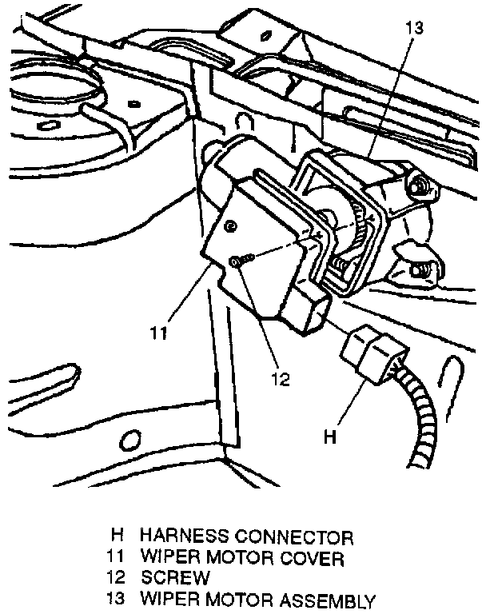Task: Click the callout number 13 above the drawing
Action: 413,27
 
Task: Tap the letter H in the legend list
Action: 117,536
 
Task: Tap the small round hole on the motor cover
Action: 230,228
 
